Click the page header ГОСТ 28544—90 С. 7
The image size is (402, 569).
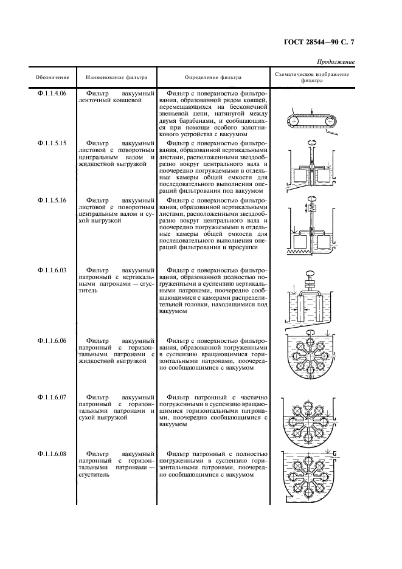pyautogui.click(x=319, y=42)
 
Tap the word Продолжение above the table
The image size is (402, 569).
pyautogui.click(x=336, y=63)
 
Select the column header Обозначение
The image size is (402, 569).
pyautogui.click(x=52, y=78)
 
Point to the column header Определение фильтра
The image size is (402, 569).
pyautogui.click(x=213, y=78)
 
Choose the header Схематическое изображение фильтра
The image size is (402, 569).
pyautogui.click(x=312, y=77)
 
